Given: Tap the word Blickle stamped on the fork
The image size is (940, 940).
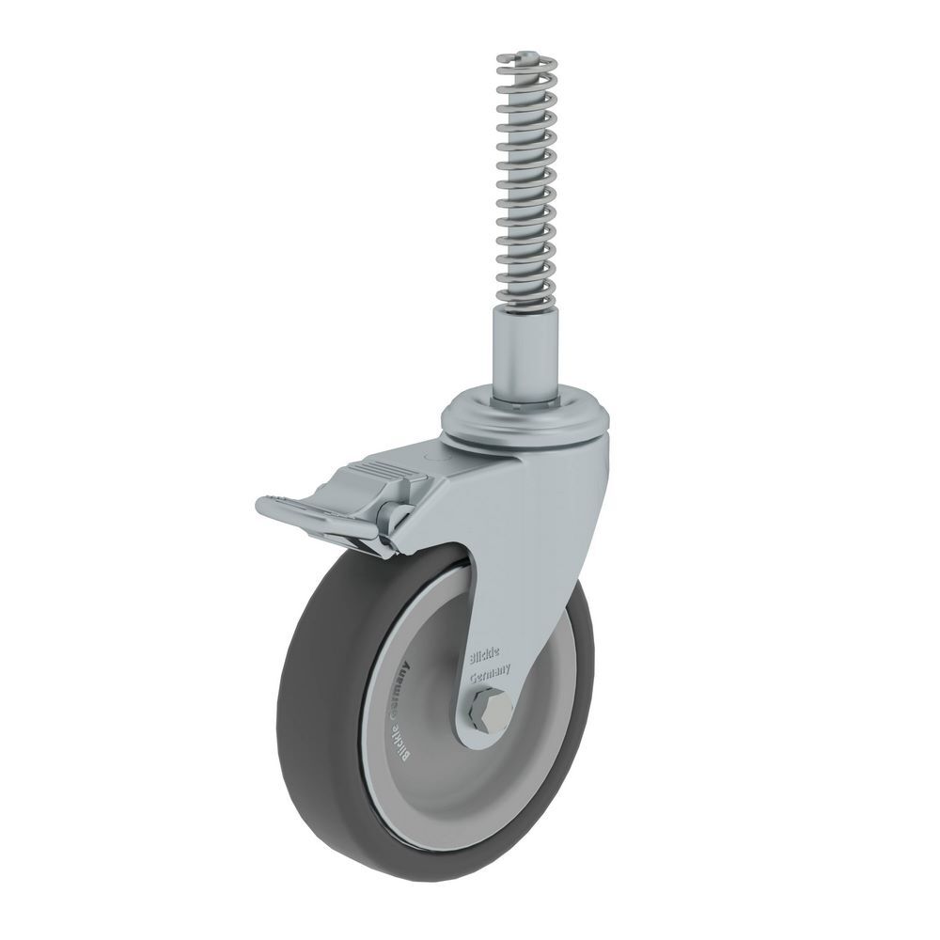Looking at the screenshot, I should click(x=487, y=653).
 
